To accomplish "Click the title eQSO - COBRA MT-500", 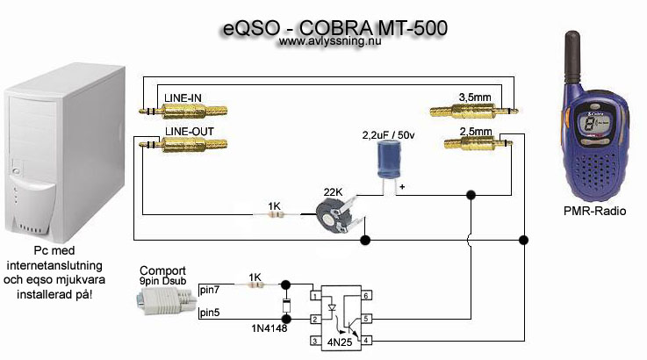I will pos(333,27).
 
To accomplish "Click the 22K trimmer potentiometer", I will pos(332,212).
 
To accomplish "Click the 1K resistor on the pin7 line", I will pos(255,285).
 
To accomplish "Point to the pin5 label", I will pos(210,312).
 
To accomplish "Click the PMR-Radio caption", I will pos(589,211).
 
